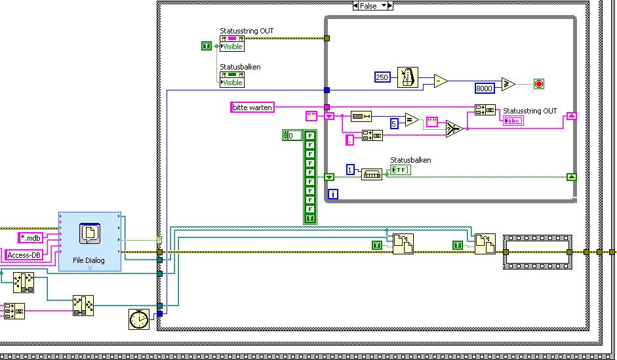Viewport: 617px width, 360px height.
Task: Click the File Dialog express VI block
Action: pyautogui.click(x=90, y=241)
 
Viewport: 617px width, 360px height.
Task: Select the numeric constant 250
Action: pyautogui.click(x=382, y=77)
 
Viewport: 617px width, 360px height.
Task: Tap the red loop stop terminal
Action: pyautogui.click(x=539, y=84)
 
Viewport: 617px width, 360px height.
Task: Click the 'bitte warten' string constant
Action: pyautogui.click(x=252, y=107)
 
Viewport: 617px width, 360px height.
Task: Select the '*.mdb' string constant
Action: pyautogui.click(x=30, y=237)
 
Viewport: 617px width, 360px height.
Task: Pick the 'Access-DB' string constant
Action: pyautogui.click(x=24, y=255)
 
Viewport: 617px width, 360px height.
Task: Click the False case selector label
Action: pyautogui.click(x=372, y=5)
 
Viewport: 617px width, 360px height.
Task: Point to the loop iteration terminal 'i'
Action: pyautogui.click(x=333, y=195)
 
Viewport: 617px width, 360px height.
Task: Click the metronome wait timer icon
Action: pyautogui.click(x=410, y=77)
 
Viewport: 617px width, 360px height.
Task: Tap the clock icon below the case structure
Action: pyautogui.click(x=138, y=319)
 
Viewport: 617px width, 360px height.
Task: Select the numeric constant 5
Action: pyautogui.click(x=394, y=123)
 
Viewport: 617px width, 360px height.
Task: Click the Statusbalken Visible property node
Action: pyautogui.click(x=231, y=79)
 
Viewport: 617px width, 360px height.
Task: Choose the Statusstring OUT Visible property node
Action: pyautogui.click(x=231, y=43)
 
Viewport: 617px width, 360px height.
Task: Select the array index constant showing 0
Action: pyautogui.click(x=292, y=136)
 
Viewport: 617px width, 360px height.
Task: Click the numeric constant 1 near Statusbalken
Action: pyautogui.click(x=350, y=170)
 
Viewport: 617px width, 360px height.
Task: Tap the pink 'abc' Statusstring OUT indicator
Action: pyautogui.click(x=513, y=120)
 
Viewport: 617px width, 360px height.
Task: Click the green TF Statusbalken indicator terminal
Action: pyautogui.click(x=400, y=170)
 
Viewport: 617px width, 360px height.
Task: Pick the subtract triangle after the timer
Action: pyautogui.click(x=441, y=82)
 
